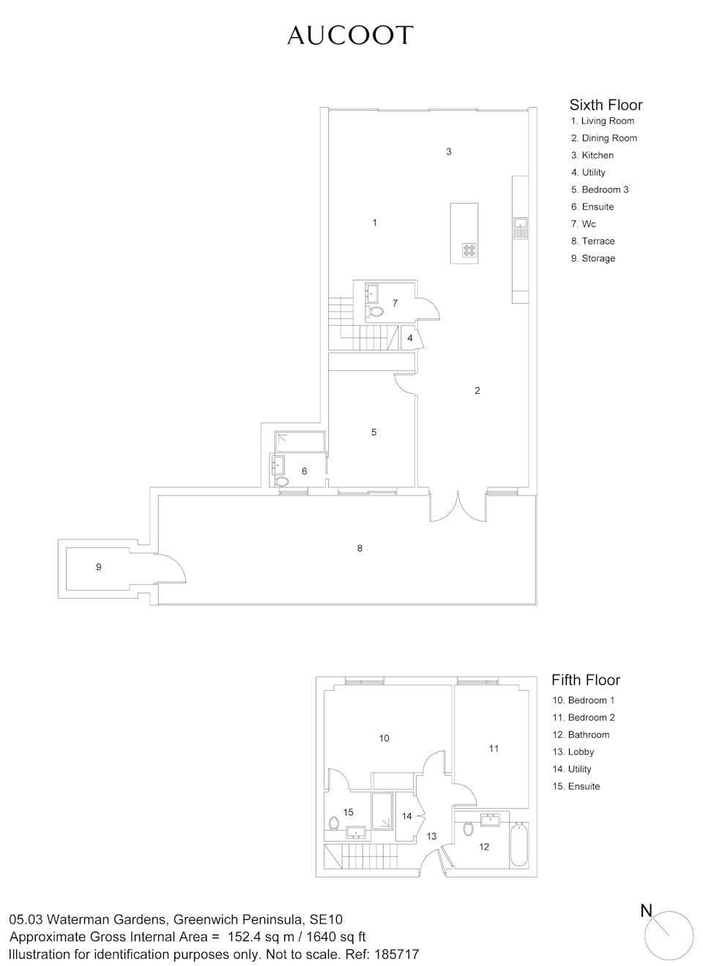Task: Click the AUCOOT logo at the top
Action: pos(350,35)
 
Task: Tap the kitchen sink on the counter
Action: pos(521,228)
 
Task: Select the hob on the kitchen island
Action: pos(469,250)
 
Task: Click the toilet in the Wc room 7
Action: pos(375,311)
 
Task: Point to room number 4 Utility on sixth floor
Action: pos(409,338)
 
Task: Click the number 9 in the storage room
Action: pos(98,566)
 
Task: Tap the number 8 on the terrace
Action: pos(360,548)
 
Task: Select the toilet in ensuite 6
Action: pos(282,482)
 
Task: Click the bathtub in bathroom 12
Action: pos(518,846)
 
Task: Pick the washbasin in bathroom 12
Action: pos(489,820)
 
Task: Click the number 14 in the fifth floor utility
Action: pos(406,816)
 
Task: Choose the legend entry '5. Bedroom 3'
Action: pos(600,190)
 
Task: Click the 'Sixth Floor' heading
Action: pos(606,105)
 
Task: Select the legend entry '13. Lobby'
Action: pos(573,752)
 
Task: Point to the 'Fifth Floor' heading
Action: pos(586,680)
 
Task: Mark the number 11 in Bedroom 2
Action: pos(494,748)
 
